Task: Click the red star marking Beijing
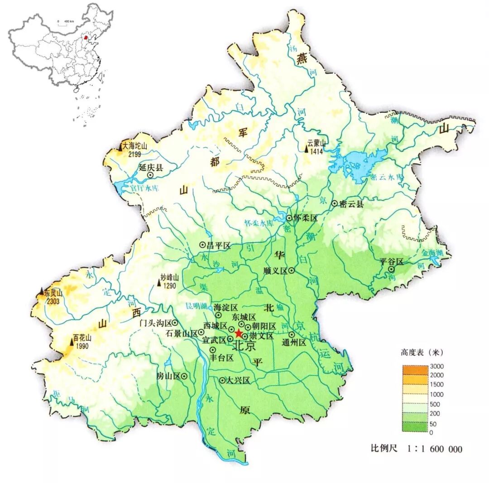(x=238, y=333)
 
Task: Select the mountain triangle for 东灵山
(x=42, y=291)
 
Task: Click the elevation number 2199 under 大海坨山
(x=134, y=154)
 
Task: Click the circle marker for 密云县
(x=335, y=204)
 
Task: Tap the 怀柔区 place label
(x=305, y=218)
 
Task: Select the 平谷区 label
(x=391, y=261)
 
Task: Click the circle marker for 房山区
(x=184, y=376)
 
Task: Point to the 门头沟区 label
(x=155, y=323)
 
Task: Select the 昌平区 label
(x=219, y=245)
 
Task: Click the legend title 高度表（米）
(x=422, y=352)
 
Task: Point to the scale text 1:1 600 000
(x=435, y=449)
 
